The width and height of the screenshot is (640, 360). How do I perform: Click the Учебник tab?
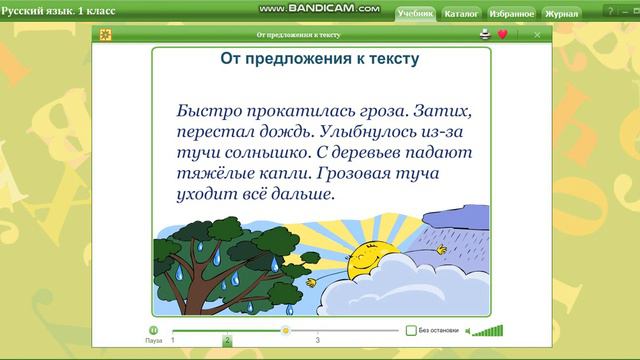[x=414, y=14]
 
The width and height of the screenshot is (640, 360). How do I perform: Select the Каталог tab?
[x=461, y=14]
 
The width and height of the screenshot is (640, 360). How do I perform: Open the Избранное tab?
[x=511, y=14]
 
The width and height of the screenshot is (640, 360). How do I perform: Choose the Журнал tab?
[x=560, y=14]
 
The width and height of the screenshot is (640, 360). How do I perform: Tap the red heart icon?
[x=502, y=34]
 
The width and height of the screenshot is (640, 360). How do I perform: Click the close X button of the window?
[x=537, y=34]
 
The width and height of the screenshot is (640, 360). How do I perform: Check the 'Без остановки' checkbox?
[x=411, y=330]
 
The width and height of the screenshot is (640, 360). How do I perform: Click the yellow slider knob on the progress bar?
[x=286, y=329]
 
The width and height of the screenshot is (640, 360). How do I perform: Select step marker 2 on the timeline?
[x=227, y=340]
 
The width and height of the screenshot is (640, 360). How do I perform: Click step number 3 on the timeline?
[x=318, y=341]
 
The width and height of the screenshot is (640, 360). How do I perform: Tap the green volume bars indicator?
[x=487, y=330]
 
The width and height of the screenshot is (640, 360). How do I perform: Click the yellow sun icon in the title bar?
[x=106, y=34]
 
